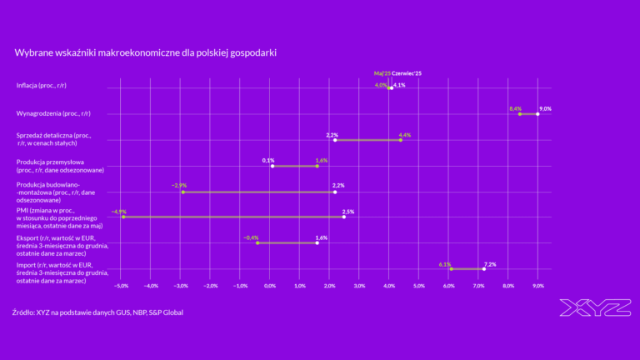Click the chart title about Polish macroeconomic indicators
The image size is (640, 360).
click(x=145, y=52)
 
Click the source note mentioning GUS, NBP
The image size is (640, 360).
click(x=98, y=312)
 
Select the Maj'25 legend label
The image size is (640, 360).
click(x=382, y=73)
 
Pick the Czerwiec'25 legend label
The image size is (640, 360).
click(x=407, y=73)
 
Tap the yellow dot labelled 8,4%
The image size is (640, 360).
click(x=520, y=113)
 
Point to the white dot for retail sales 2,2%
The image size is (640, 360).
click(x=335, y=140)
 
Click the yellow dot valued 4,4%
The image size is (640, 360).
click(x=401, y=140)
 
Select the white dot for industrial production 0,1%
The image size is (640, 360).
click(x=272, y=166)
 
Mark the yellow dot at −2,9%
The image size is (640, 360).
click(x=183, y=192)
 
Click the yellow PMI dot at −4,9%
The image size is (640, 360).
click(x=123, y=217)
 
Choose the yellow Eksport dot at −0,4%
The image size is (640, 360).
click(x=257, y=242)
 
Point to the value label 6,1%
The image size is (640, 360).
click(x=445, y=264)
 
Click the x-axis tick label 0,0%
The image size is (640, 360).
click(x=270, y=286)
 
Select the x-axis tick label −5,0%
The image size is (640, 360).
click(x=121, y=286)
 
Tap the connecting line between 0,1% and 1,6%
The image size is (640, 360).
click(x=295, y=166)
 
